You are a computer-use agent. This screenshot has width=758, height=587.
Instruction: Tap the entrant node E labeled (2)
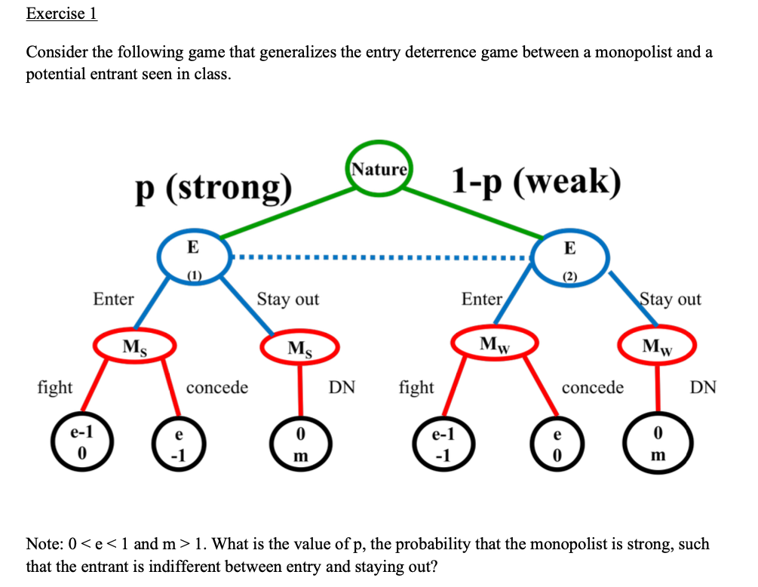pos(570,257)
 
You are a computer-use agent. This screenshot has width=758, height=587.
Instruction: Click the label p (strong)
pos(213,186)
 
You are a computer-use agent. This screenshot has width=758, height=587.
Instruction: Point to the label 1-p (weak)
pos(536,181)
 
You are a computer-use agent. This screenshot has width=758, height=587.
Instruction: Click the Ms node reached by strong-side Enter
pos(135,346)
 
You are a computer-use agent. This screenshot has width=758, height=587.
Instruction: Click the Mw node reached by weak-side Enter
pos(495,345)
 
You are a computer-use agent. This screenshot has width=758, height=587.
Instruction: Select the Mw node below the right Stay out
pos(656,347)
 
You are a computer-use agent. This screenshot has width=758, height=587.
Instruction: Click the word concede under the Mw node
pos(593,387)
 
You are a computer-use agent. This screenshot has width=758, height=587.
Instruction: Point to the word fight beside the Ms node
pos(55,387)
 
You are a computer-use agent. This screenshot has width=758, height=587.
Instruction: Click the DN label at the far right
pos(703,387)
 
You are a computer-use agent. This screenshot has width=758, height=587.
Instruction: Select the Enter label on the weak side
pos(481,299)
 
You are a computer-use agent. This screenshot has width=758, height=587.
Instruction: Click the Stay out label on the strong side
pos(288,299)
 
